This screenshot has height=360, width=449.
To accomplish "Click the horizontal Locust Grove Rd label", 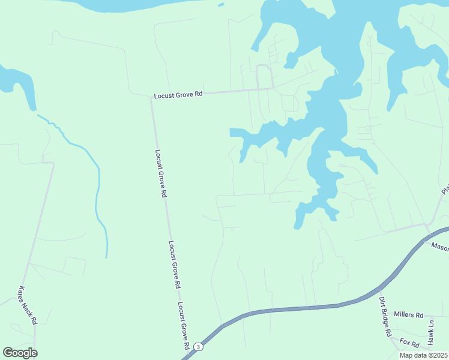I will tap(178, 95).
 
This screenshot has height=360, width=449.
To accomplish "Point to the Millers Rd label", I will tap(408, 314).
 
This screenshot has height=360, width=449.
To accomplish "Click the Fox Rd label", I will tap(409, 343).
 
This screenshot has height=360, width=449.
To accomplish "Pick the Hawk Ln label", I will tap(430, 332).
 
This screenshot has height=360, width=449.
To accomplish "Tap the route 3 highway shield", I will tap(199, 347).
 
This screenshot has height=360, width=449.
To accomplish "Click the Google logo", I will tap(20, 353).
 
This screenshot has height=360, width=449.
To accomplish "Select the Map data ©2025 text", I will tap(423, 355).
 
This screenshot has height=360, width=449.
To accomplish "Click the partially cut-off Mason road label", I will tap(440, 245).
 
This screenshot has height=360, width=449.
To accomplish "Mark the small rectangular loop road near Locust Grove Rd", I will tap(264, 77).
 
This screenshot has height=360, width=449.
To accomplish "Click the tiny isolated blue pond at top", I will tap(221, 5).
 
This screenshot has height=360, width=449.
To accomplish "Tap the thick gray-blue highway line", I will tap(300, 308).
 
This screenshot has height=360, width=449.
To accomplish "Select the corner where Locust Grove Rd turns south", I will tap(151, 97).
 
